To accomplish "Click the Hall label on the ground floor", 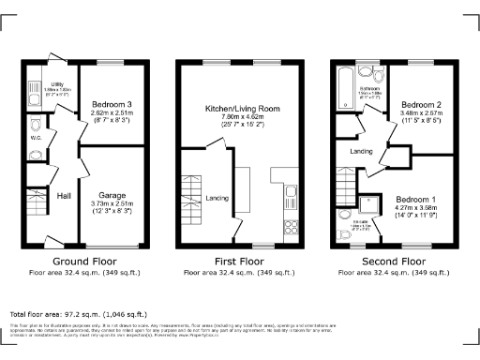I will (x=63, y=196).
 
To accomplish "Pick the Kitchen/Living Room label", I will (x=243, y=109).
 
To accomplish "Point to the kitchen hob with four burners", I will (x=290, y=224).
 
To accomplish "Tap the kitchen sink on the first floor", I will (x=290, y=194).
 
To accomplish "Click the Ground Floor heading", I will (x=84, y=262).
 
